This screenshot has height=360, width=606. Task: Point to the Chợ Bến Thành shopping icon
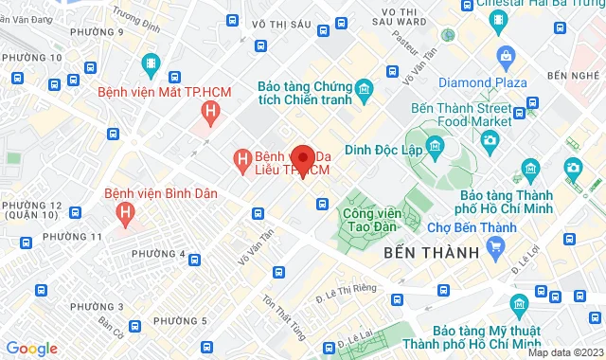coord(495,247)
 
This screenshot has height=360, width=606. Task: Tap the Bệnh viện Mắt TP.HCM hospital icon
coord(210,114)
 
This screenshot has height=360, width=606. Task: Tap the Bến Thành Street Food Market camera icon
coord(490,141)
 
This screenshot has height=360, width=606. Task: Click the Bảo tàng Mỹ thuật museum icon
coord(518,304)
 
